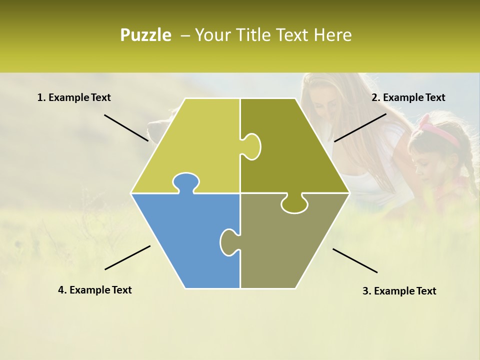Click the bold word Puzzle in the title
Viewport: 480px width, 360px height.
145,35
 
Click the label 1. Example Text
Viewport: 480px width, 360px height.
74,97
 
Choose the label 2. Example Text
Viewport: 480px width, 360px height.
408,97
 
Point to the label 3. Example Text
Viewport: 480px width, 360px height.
399,291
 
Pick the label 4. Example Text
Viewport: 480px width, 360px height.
95,290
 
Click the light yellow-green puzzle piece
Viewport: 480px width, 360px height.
195,145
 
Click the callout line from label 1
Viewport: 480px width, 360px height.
126,127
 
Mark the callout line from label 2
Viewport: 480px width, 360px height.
360,127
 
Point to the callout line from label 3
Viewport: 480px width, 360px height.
355,260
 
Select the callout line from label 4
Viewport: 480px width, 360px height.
127,257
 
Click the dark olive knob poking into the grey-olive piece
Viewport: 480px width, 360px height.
294,204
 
